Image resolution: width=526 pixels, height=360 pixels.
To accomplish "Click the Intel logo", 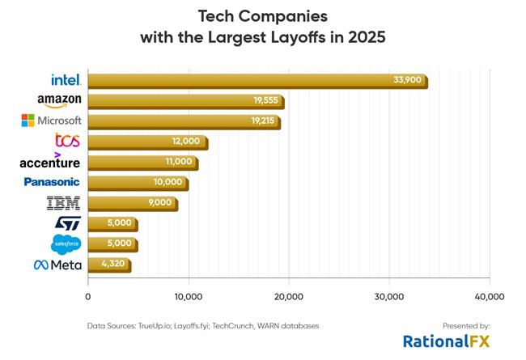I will [x=64, y=79].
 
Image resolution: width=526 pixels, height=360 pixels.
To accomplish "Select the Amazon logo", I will [x=59, y=100].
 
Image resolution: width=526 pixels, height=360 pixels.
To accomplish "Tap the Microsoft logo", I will [x=51, y=121].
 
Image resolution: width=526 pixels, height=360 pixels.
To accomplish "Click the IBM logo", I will [x=64, y=202].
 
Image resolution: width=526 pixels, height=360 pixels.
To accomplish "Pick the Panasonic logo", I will [x=53, y=182].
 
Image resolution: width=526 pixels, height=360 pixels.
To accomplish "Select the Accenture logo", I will [x=49, y=161].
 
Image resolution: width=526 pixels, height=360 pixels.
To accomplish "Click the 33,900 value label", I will [x=405, y=80].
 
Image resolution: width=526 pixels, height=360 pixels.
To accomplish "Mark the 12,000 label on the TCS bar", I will [x=186, y=142].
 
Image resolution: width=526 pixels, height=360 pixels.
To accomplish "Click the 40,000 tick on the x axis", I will [x=488, y=295].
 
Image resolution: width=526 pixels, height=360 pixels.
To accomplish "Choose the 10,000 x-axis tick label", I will [x=188, y=295].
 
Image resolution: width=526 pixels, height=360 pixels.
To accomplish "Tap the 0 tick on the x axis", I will [x=87, y=295].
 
